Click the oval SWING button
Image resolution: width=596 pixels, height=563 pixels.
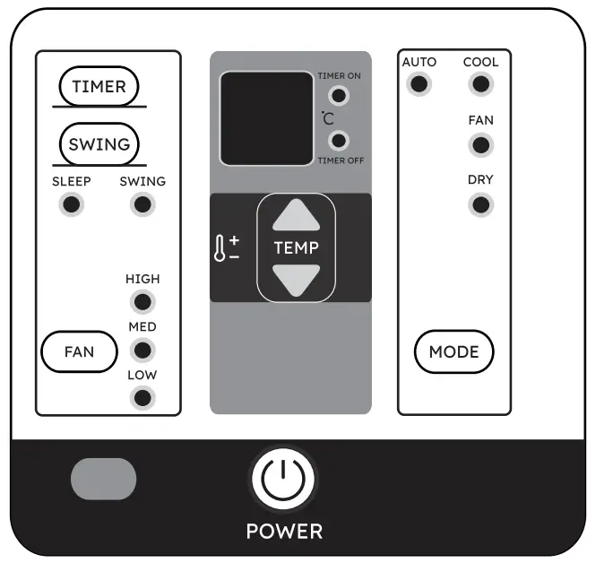99,143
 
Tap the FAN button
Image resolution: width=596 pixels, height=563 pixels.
79,352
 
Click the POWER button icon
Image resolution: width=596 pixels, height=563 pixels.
284,479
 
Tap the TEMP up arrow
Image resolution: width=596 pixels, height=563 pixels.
296,217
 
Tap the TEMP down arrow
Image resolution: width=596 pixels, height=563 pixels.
296,280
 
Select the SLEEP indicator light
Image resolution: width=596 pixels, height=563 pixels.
72,204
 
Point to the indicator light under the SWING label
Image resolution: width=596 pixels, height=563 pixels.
142,204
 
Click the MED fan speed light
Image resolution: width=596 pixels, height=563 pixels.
142,350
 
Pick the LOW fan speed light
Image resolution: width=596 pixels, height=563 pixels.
142,397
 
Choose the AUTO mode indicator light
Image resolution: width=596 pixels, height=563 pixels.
419,84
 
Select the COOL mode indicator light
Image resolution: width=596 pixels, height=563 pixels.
480,84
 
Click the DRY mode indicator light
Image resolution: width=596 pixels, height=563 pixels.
480,204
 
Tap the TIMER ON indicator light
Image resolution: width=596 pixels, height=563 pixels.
338,96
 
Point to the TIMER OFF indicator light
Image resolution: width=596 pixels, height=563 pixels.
338,140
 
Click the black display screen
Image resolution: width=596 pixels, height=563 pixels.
266,118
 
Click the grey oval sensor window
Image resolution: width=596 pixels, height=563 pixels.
104,479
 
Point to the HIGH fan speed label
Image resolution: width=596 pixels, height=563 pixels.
143,279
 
